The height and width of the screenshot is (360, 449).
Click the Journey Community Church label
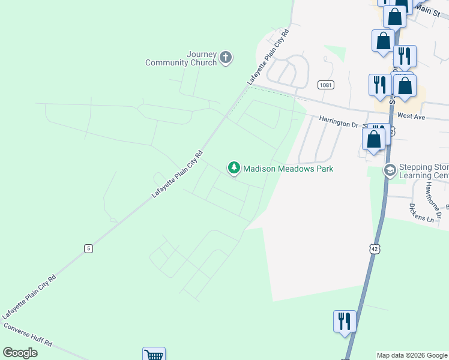point(181,59)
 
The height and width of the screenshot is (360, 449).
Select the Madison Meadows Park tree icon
point(234,169)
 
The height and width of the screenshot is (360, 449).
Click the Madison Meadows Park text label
point(288,169)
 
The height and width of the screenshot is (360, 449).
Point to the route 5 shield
point(88,248)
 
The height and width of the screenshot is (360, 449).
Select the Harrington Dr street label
point(338,124)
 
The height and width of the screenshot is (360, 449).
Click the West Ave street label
point(411,116)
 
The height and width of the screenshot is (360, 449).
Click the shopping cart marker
point(154,355)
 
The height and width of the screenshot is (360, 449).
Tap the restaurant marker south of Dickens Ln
point(345,320)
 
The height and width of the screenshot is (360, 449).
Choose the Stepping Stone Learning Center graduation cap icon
point(390,171)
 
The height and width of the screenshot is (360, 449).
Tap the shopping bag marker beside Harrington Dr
point(373,140)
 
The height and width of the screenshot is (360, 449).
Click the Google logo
point(20,353)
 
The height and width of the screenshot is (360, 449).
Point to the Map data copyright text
point(411,355)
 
